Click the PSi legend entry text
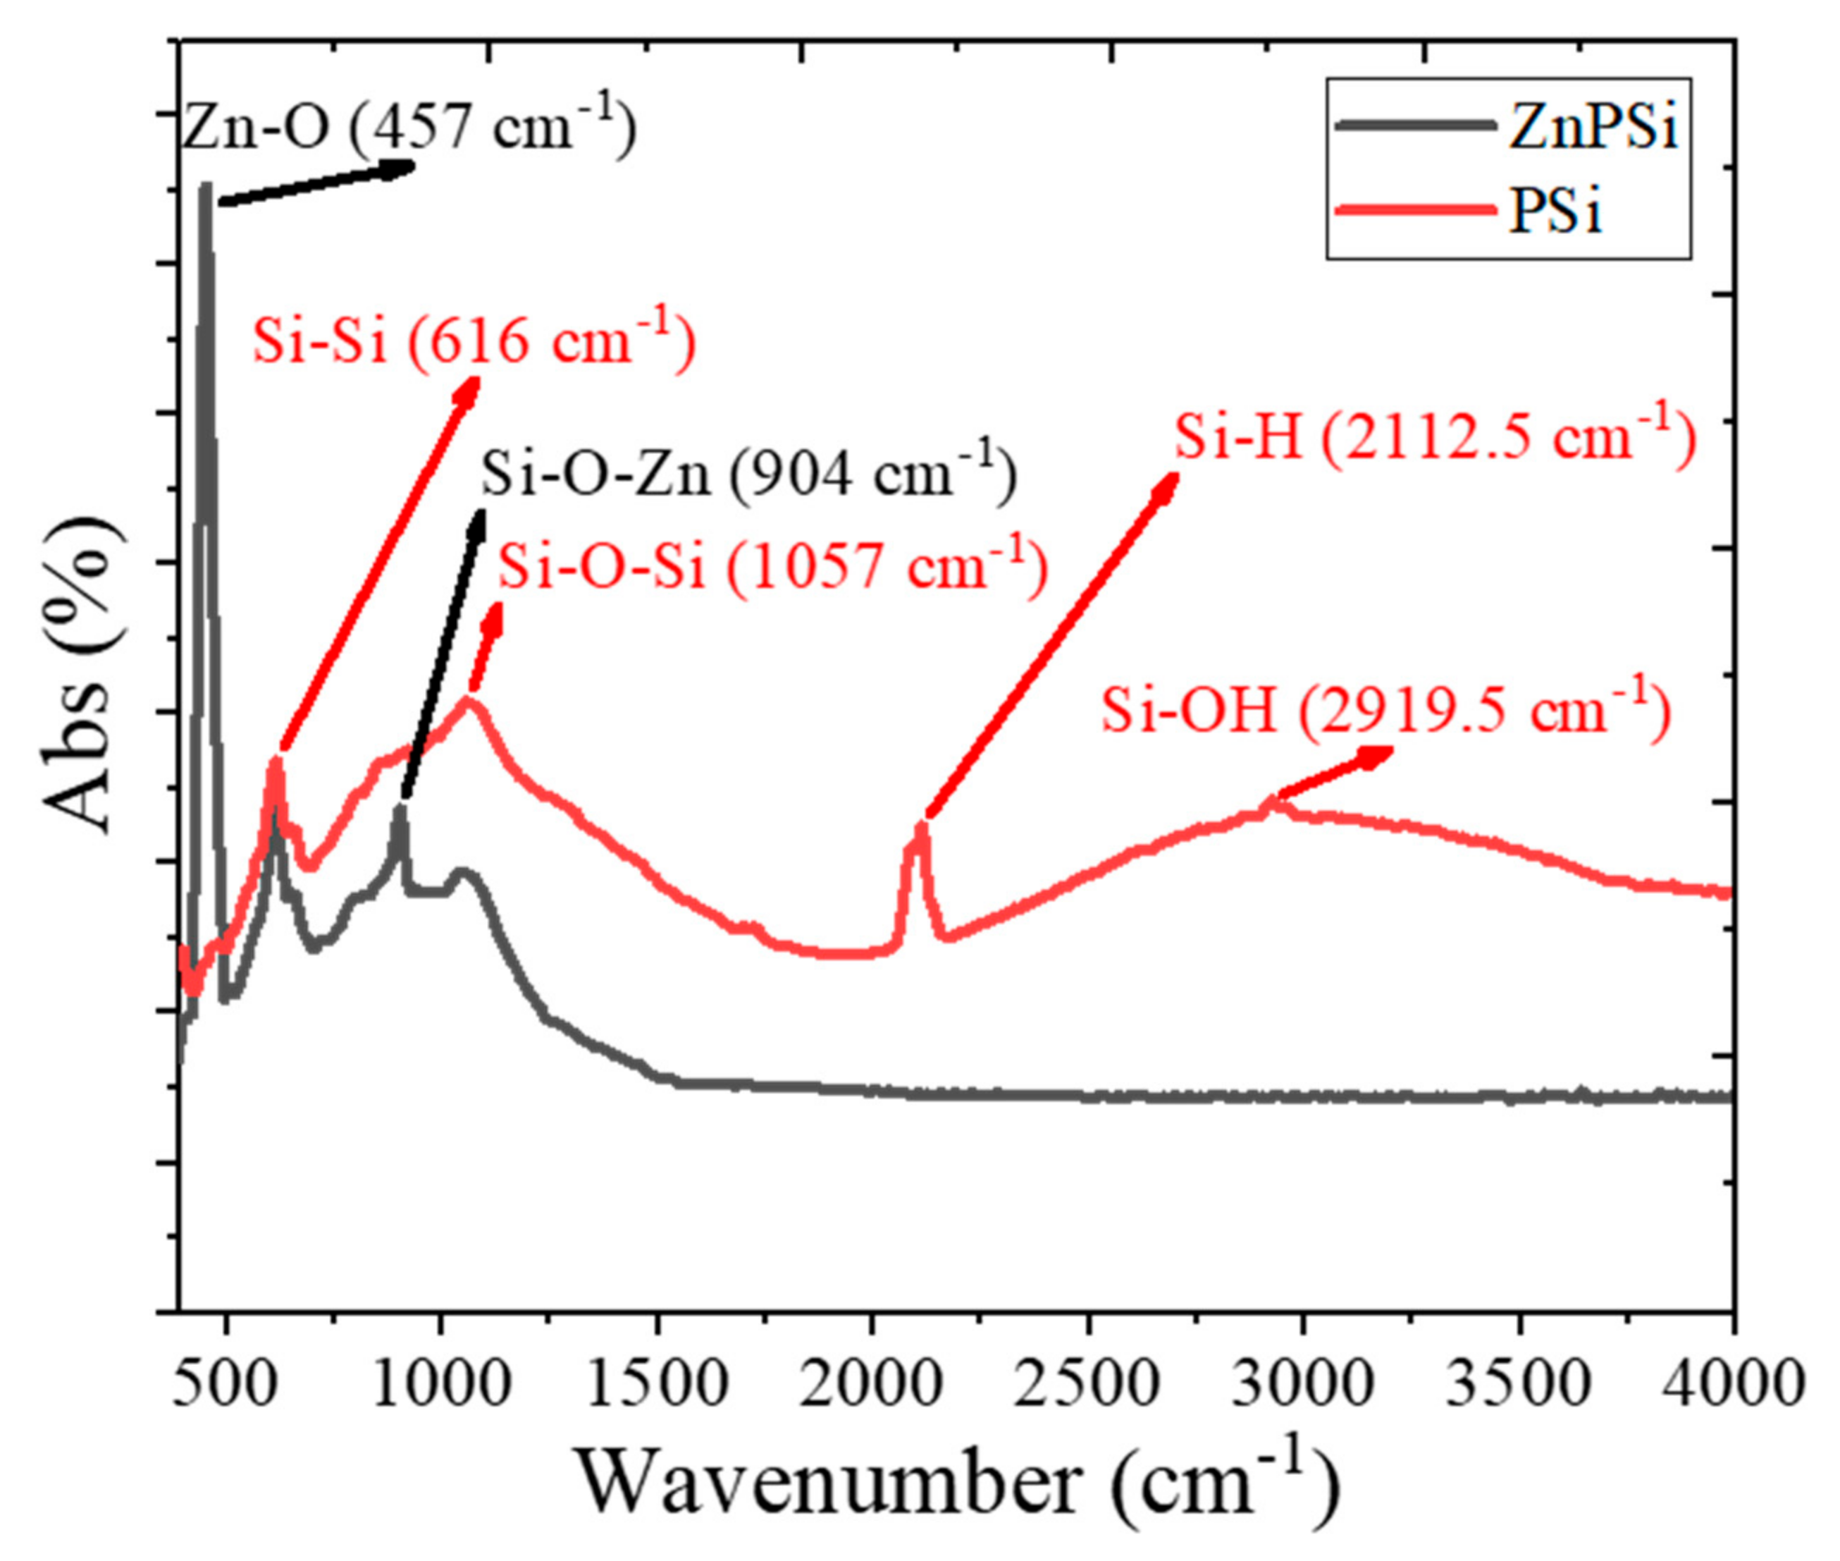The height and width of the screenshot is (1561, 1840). (1555, 212)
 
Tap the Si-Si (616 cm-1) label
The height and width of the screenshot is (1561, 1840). (474, 341)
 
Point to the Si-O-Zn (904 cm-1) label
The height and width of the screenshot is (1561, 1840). (748, 473)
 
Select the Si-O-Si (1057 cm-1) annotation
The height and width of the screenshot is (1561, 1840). (772, 565)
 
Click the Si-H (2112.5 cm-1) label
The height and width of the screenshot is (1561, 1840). (1435, 436)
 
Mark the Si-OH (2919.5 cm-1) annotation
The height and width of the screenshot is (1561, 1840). (1385, 710)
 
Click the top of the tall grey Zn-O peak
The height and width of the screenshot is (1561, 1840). (206, 188)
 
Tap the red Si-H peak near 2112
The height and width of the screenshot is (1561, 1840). (922, 828)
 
